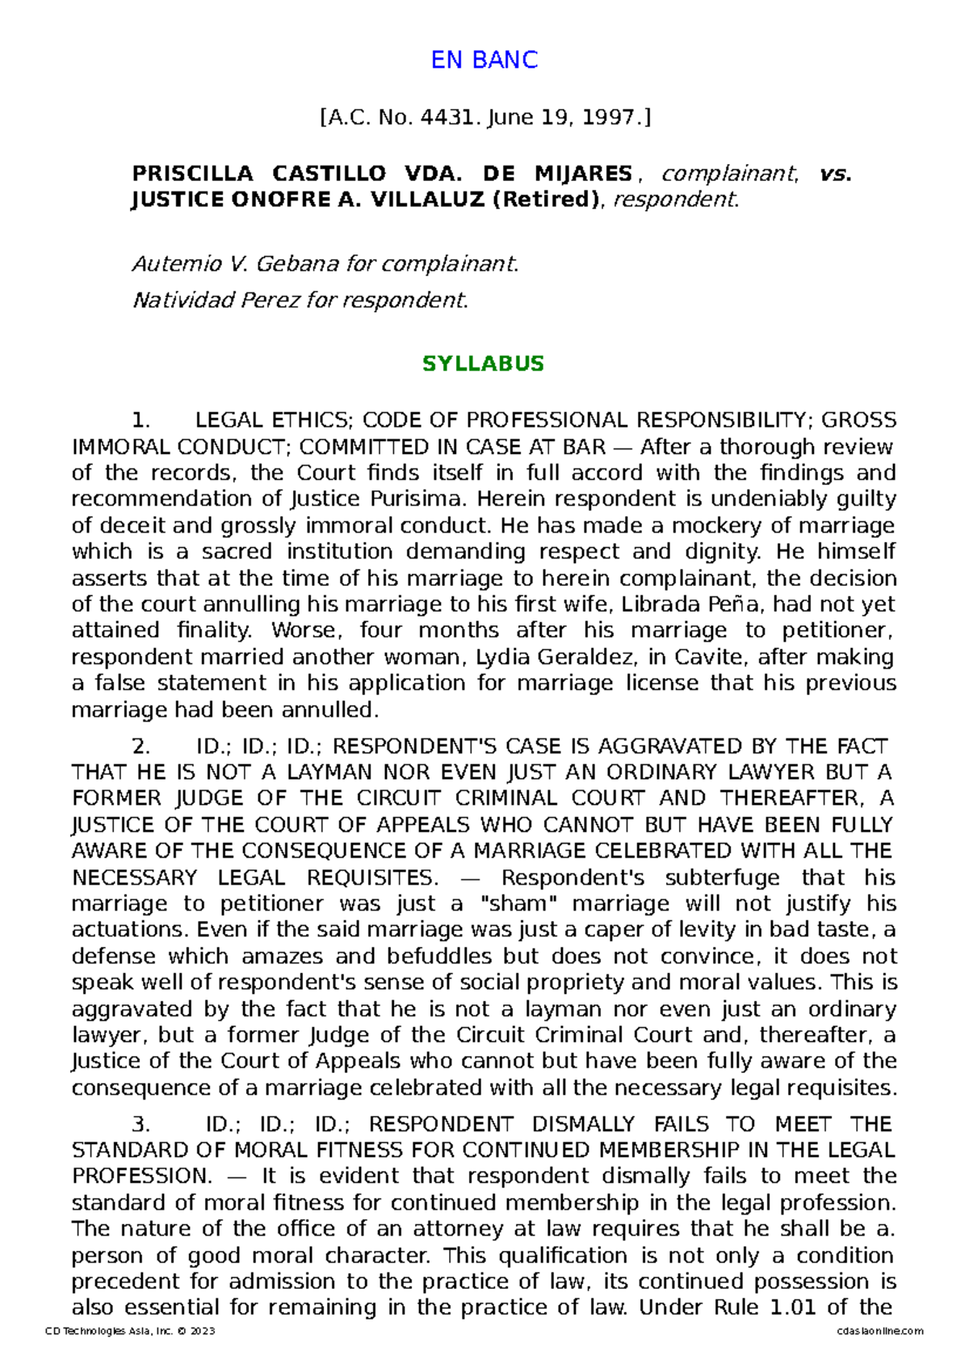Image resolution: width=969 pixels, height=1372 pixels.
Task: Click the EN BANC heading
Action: [x=484, y=60]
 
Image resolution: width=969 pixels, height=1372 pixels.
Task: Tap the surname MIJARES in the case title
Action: [x=583, y=174]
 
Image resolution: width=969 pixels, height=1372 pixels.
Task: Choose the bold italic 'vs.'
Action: [x=835, y=174]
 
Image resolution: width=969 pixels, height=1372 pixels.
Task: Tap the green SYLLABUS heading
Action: [x=483, y=364]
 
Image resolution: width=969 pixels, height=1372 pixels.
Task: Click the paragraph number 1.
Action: [x=141, y=420]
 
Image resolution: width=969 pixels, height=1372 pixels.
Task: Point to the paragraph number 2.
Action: [x=141, y=746]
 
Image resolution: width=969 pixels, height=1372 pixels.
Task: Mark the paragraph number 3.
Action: [x=141, y=1124]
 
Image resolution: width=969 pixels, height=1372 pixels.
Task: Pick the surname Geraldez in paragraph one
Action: [x=597, y=657]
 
